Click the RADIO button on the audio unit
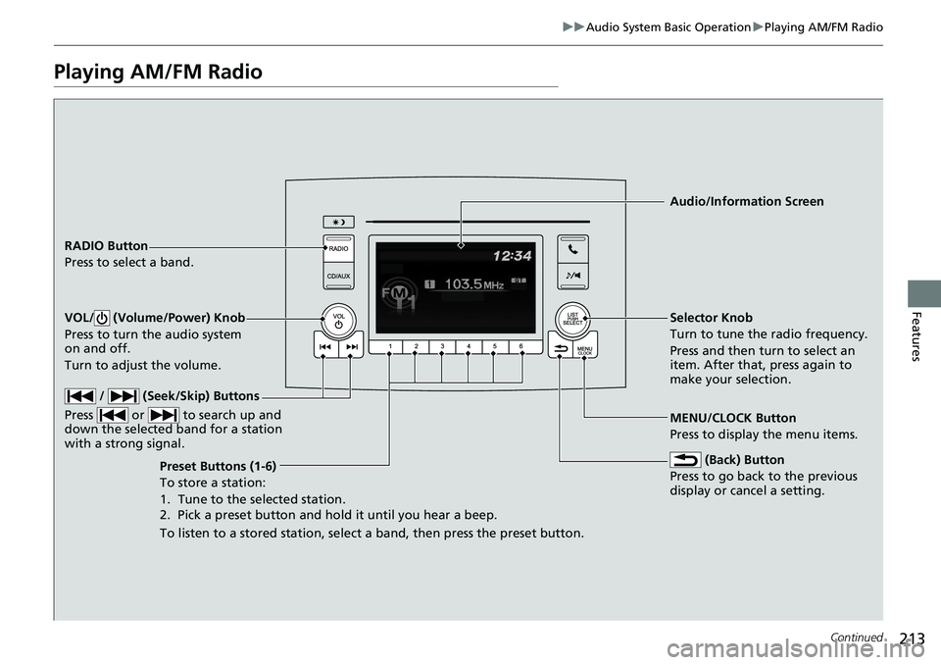[x=338, y=249]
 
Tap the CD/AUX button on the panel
[x=338, y=277]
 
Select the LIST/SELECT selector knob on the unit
[x=572, y=319]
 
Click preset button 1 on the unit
[x=390, y=346]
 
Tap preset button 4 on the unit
[x=469, y=346]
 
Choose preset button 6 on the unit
[x=520, y=346]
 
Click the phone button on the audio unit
[x=572, y=249]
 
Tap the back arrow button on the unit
[x=561, y=348]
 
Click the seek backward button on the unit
[x=325, y=347]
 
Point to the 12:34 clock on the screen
[x=512, y=257]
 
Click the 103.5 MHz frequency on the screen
[x=474, y=284]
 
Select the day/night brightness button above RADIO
[x=338, y=223]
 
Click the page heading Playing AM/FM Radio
[x=158, y=72]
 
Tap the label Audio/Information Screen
[x=747, y=201]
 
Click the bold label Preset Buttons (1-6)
[x=218, y=466]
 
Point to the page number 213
[x=913, y=638]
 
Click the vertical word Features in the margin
[x=916, y=336]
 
